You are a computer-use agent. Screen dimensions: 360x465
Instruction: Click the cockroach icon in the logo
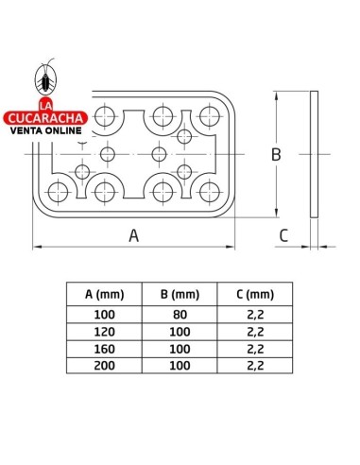[46, 77]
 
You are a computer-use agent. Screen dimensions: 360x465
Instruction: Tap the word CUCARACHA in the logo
[45, 118]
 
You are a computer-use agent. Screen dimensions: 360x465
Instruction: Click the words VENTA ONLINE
[46, 130]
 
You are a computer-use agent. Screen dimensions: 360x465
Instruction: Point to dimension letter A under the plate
[134, 235]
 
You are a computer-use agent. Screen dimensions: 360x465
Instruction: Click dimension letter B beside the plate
[276, 154]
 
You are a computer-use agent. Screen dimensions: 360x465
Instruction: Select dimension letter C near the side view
[283, 235]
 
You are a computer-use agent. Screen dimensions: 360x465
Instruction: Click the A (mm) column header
[104, 294]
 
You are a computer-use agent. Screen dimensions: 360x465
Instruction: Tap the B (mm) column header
[180, 294]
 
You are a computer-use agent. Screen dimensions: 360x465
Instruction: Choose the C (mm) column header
[255, 294]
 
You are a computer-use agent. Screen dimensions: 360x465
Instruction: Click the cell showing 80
[180, 315]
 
